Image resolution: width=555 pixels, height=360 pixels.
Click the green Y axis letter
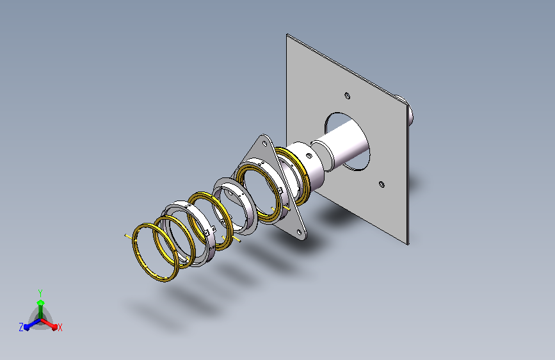(x=40, y=293)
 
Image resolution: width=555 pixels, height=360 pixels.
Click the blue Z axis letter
(x=21, y=327)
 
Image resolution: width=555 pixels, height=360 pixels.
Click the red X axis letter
(x=60, y=327)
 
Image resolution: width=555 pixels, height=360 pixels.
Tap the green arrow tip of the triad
(x=41, y=302)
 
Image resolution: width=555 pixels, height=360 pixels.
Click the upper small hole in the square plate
(x=347, y=95)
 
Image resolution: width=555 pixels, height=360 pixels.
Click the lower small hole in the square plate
(x=382, y=184)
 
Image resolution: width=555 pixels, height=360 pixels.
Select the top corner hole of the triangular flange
(x=264, y=143)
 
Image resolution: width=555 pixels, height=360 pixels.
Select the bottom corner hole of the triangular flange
(x=299, y=233)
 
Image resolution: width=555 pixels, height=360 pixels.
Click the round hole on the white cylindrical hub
(x=309, y=156)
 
